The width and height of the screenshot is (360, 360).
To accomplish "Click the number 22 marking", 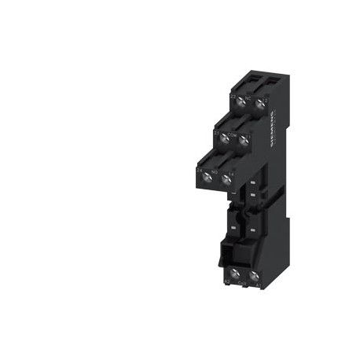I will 233,95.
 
